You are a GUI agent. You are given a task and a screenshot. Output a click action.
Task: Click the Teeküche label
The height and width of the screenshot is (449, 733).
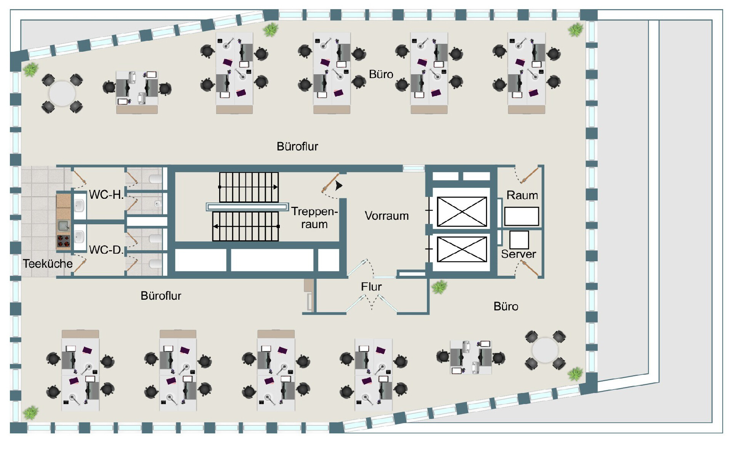pyautogui.click(x=48, y=264)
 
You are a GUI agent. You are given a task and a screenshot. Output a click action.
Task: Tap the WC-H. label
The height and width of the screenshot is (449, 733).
pyautogui.click(x=106, y=195)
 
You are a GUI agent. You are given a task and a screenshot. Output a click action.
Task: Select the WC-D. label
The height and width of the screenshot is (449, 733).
pyautogui.click(x=106, y=250)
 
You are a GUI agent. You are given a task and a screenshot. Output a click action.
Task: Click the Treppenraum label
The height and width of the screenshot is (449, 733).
pyautogui.click(x=314, y=218)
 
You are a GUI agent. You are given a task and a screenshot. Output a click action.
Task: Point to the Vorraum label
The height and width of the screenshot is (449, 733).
pyautogui.click(x=387, y=216)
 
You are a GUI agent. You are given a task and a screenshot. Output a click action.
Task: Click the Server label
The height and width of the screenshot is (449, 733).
pyautogui.click(x=518, y=254)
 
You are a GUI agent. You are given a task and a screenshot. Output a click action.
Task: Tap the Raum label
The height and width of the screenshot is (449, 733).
pyautogui.click(x=522, y=195)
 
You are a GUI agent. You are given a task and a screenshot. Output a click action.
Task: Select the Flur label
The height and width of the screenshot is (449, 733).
pyautogui.click(x=371, y=287)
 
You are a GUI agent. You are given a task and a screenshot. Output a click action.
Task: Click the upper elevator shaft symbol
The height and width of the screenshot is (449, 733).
pyautogui.click(x=462, y=212)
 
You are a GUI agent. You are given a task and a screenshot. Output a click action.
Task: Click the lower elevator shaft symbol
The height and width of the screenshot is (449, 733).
pyautogui.click(x=462, y=249)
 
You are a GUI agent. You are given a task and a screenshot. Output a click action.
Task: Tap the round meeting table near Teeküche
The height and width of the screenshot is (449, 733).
pyautogui.click(x=62, y=93)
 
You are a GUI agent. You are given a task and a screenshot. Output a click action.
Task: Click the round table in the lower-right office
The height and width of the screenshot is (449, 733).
pyautogui.click(x=545, y=350)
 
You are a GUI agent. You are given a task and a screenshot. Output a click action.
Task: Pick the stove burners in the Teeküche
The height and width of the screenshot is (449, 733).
pyautogui.click(x=64, y=241)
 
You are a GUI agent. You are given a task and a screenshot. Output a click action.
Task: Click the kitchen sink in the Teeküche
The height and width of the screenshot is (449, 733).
pyautogui.click(x=63, y=226)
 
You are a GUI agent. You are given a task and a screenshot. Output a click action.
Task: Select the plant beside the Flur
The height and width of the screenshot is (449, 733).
pyautogui.click(x=439, y=286)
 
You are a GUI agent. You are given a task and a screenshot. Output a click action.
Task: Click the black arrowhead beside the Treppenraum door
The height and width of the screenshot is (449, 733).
pyautogui.click(x=338, y=185)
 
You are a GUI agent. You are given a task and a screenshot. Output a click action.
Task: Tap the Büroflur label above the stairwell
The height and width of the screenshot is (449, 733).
pyautogui.click(x=297, y=147)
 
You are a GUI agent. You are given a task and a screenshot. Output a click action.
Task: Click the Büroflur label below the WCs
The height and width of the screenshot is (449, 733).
pyautogui.click(x=161, y=296)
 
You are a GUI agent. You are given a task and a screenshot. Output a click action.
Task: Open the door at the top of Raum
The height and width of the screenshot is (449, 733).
pyautogui.click(x=529, y=176)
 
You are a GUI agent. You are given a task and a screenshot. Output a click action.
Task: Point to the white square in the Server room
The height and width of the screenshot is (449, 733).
pyautogui.click(x=519, y=240)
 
